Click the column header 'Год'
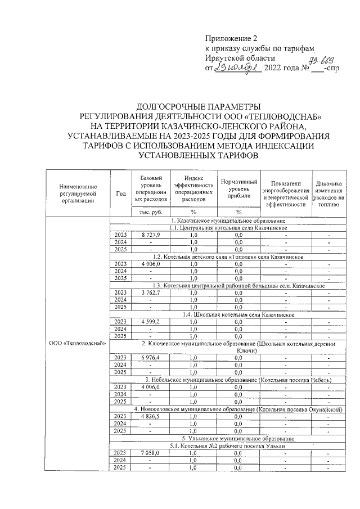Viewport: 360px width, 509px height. [x=120, y=193]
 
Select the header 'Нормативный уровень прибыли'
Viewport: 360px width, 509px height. [x=238, y=189]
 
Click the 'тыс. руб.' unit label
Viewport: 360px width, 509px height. [x=150, y=212]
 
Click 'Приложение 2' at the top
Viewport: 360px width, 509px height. [x=230, y=39]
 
